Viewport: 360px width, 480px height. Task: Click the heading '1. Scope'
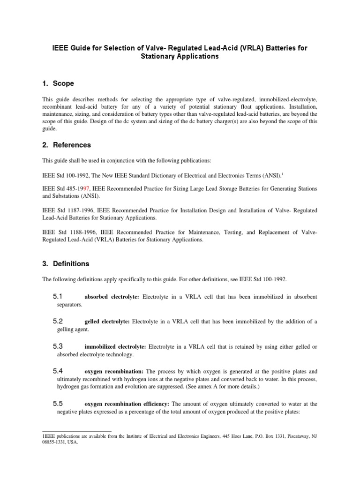point(58,83)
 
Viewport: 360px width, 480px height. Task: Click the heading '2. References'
point(67,145)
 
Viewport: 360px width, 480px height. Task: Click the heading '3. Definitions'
point(66,263)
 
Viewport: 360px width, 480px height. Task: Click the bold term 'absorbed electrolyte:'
point(112,297)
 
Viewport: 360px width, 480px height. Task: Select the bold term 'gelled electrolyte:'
point(107,322)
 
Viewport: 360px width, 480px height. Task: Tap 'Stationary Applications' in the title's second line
point(180,57)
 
